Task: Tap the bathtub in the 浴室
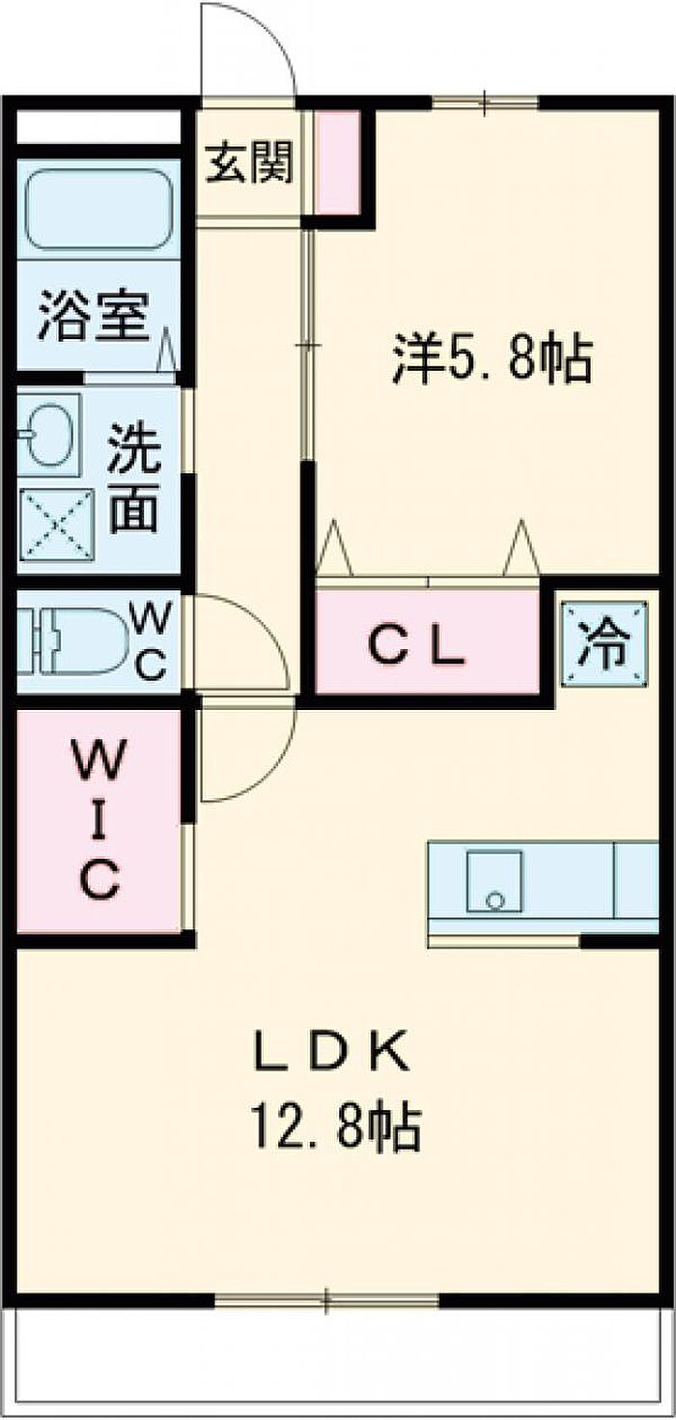pos(99,210)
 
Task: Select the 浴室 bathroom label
pos(95,315)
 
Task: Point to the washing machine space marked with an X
pos(56,525)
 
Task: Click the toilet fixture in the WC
pos(70,640)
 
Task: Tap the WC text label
pos(150,640)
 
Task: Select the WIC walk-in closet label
pos(99,820)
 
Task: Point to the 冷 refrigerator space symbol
pos(606,642)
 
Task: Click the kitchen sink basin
pos(494,881)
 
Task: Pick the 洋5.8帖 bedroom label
pos(492,359)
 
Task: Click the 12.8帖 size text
pos(336,1127)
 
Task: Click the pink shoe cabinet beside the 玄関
pos(338,162)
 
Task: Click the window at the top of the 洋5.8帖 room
pos(486,102)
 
